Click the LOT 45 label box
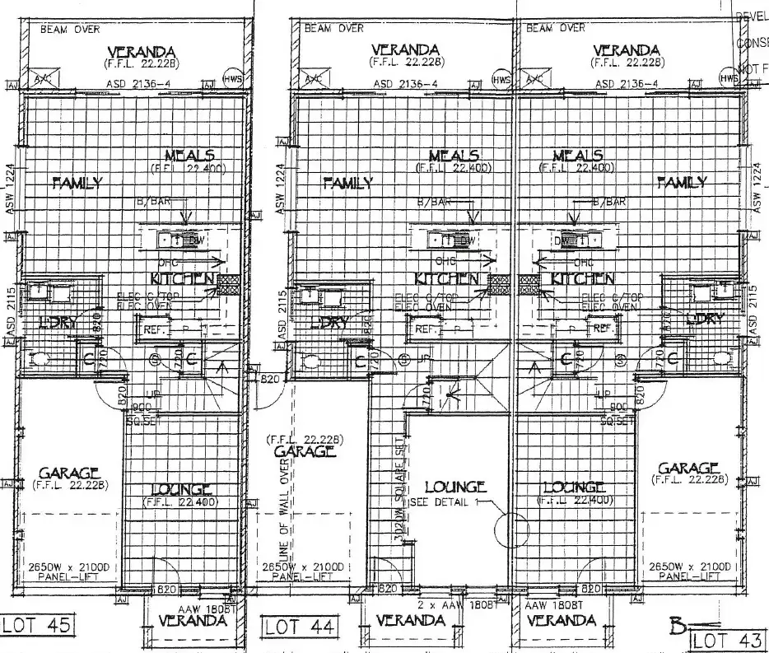(38, 623)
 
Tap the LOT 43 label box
(728, 640)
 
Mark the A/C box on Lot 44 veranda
(312, 80)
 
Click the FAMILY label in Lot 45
(77, 183)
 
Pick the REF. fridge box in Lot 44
(426, 328)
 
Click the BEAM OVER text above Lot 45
(71, 30)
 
